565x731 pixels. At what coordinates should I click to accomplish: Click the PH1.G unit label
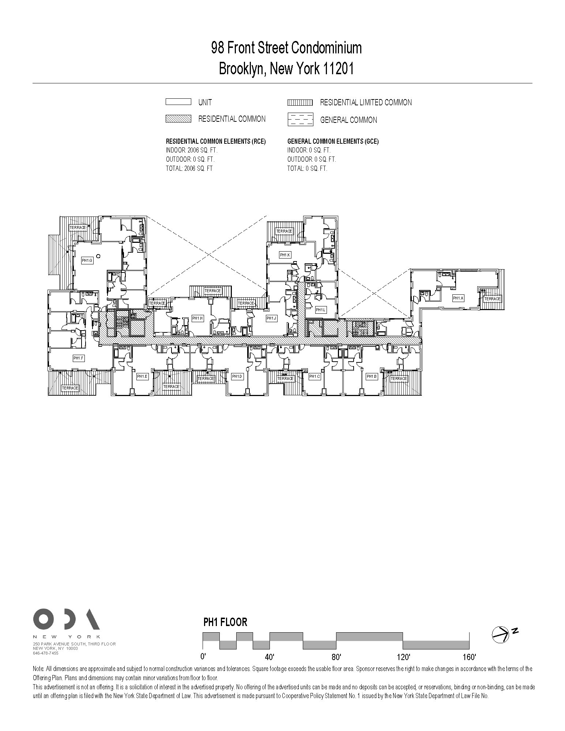tap(87, 261)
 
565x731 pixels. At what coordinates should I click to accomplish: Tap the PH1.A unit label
tap(458, 298)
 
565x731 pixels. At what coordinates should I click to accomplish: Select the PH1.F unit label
tap(79, 358)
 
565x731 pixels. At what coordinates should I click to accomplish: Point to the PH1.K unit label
tap(285, 255)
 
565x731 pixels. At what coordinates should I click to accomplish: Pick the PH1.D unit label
tap(237, 376)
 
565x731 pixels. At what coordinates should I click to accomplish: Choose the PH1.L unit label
tap(321, 310)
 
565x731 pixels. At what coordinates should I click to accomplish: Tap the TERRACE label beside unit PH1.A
tap(492, 299)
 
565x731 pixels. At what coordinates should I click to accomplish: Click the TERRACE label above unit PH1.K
tap(284, 231)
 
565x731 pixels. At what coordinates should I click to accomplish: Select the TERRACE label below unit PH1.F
tap(70, 388)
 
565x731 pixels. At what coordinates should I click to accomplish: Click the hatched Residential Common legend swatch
tap(178, 119)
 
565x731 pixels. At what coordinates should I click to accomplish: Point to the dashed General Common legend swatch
tap(300, 120)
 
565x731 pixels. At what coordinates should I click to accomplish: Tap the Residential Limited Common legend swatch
tap(300, 102)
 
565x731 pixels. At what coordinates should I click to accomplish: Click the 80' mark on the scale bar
tap(336, 657)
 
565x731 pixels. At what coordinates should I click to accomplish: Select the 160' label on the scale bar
tap(469, 657)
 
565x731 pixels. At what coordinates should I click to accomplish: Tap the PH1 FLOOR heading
tap(225, 622)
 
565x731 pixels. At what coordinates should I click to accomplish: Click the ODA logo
tap(66, 619)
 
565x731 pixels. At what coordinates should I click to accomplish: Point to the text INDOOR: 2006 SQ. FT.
tap(192, 150)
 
